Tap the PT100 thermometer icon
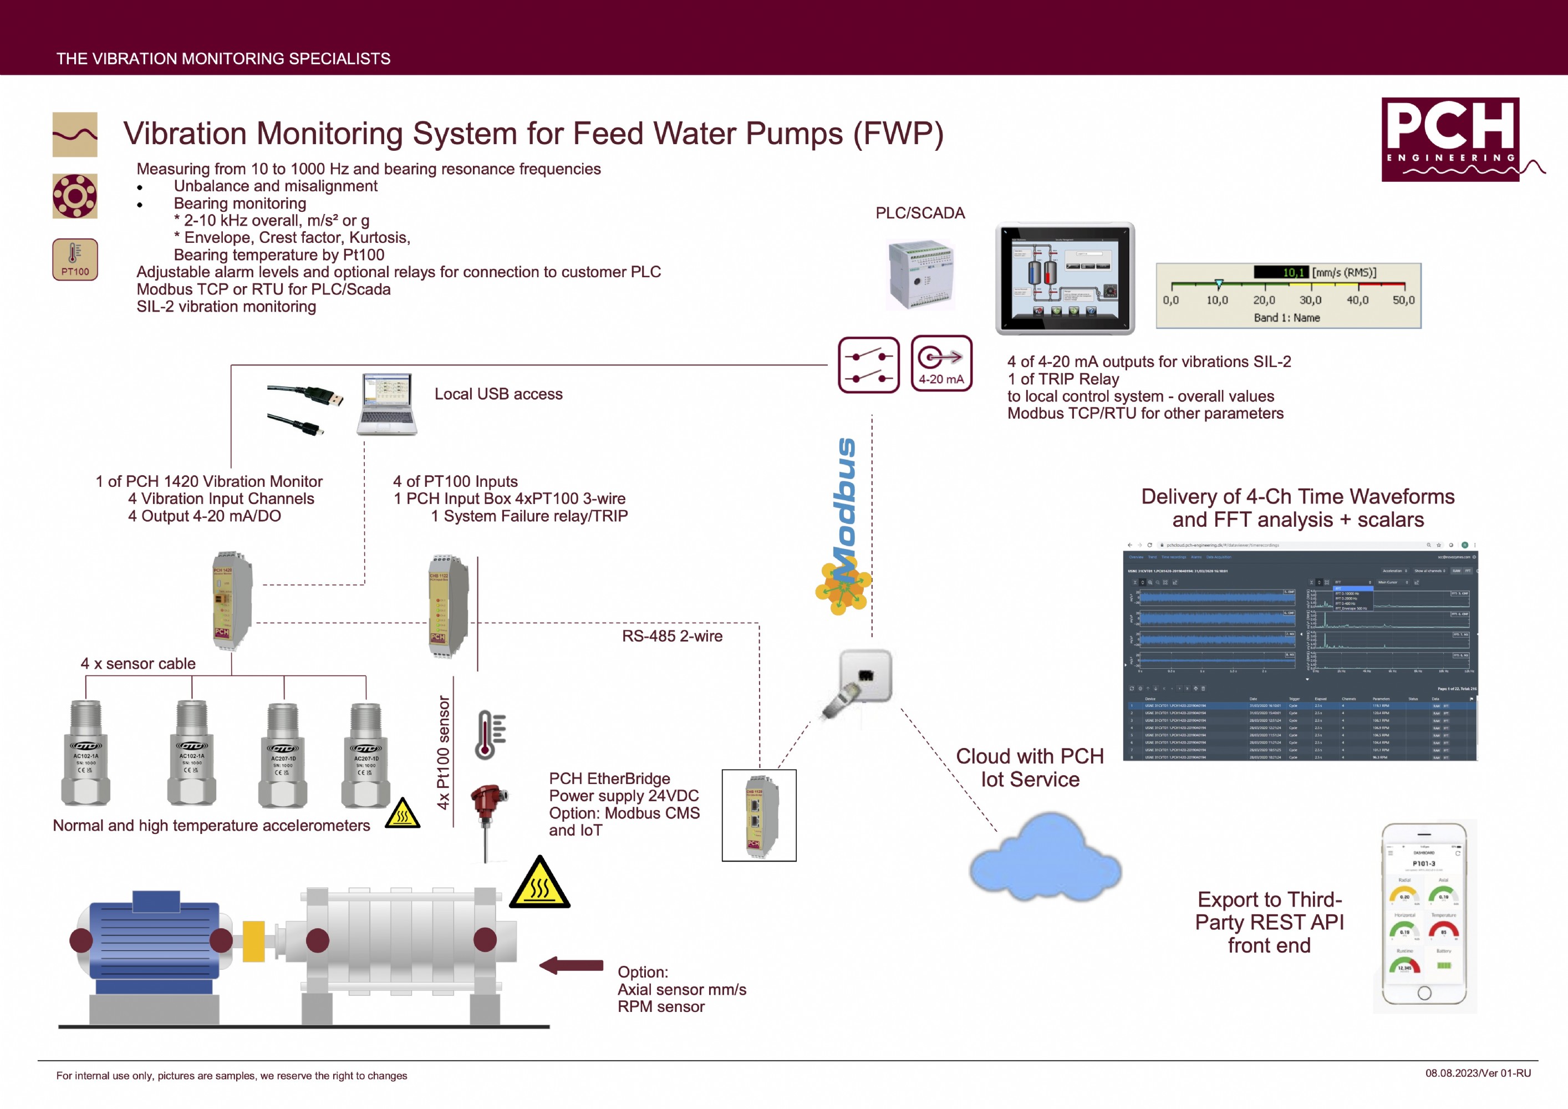(74, 259)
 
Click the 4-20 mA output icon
(941, 363)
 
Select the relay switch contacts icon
(869, 365)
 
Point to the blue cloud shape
(1045, 859)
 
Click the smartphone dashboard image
(1424, 915)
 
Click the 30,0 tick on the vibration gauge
(1310, 300)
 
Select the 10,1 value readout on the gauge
(1281, 272)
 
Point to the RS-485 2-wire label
(672, 636)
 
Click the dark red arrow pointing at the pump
(571, 965)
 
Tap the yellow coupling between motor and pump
(253, 941)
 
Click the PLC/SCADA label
(920, 213)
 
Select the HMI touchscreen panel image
(1065, 278)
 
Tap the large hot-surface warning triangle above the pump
(539, 884)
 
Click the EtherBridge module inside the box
(760, 816)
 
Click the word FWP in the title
(897, 134)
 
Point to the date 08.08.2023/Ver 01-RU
(1477, 1073)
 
